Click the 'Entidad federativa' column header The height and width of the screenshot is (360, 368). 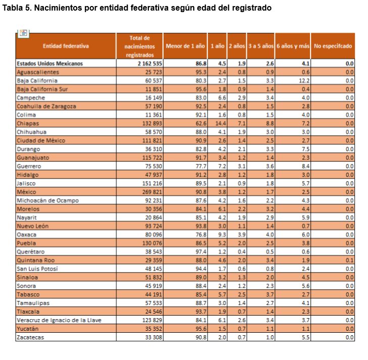pos(66,46)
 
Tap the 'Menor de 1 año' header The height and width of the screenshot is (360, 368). pos(185,46)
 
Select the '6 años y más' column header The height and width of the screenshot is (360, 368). pos(292,46)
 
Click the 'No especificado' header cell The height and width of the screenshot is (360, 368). pos(333,46)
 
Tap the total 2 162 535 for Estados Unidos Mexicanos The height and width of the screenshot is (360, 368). pos(149,64)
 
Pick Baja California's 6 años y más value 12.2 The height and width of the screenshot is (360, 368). pos(302,81)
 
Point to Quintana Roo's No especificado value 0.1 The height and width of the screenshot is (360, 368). pos(349,260)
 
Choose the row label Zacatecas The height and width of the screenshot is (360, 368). pos(31,337)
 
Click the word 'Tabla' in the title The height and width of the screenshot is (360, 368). pos(14,8)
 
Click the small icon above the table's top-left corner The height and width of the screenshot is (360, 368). pos(23,33)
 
